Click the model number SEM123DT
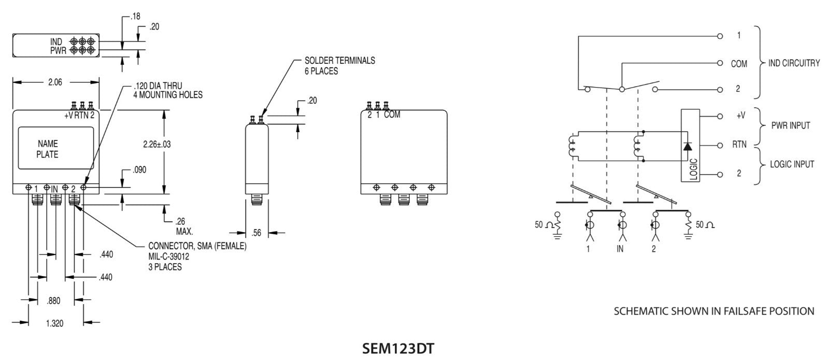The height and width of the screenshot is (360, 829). tap(397, 348)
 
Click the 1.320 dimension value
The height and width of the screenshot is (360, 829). tap(54, 323)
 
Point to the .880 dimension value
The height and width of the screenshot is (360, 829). tap(53, 300)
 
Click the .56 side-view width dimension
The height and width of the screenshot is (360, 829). tap(256, 233)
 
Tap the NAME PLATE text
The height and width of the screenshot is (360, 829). tap(48, 149)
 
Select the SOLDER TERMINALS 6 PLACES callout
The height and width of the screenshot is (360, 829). tap(339, 66)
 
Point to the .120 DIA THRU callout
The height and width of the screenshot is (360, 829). tap(158, 85)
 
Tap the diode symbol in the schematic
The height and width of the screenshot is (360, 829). tap(687, 146)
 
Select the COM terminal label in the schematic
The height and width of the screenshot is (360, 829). tap(739, 64)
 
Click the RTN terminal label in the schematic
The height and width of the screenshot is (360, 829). tap(739, 145)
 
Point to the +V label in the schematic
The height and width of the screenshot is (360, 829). tap(740, 116)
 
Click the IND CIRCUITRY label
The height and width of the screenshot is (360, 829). tap(794, 63)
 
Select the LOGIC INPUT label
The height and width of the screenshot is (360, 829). tap(792, 164)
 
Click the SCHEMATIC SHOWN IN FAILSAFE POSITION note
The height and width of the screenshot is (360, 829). tap(714, 311)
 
